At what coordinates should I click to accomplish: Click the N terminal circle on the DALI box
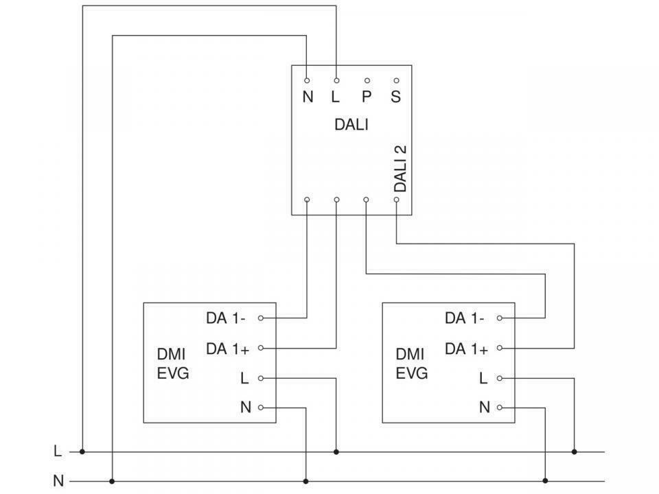pos(307,80)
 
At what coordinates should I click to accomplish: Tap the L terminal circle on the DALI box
pos(336,80)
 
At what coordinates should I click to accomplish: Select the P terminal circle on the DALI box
pos(367,80)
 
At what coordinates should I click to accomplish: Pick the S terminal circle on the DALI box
pos(396,80)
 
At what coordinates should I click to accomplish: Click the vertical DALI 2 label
pos(400,169)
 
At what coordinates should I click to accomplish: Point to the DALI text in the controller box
pos(351,125)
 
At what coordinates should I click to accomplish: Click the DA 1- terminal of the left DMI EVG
pos(261,318)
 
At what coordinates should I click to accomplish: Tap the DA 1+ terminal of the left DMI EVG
pos(261,348)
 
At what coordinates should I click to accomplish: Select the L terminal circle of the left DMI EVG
pos(261,378)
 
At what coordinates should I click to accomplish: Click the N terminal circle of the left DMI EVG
pos(261,408)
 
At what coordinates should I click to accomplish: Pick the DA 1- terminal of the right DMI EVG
pos(499,318)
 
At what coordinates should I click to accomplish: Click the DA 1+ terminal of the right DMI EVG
pos(499,348)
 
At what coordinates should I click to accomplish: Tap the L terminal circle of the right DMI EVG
pos(499,378)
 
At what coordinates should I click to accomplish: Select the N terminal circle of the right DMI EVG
pos(499,408)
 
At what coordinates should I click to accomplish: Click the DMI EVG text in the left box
pos(173,364)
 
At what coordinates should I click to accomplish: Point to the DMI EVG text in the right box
pos(411,364)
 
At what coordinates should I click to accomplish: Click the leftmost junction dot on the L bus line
pos(82,451)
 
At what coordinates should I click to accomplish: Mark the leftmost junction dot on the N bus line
pos(112,481)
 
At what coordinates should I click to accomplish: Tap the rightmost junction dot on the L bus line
pos(575,451)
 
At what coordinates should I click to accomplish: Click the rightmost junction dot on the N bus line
pos(545,481)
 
